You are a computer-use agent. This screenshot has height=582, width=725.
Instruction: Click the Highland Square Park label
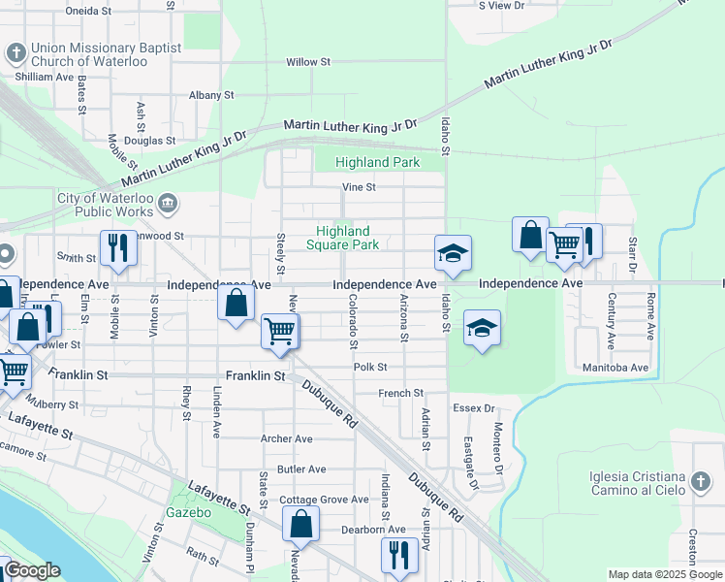342,238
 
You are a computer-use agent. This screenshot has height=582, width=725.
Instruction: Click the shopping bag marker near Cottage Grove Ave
300,524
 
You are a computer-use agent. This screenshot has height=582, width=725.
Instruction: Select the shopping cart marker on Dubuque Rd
280,330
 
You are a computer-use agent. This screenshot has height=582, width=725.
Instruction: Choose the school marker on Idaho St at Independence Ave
453,253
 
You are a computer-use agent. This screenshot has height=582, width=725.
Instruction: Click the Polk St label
370,368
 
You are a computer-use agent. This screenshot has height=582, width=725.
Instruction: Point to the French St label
400,393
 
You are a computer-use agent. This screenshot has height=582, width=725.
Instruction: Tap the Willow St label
308,62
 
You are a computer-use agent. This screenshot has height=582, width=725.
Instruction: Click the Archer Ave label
286,438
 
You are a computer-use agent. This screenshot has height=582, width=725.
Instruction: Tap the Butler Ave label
301,469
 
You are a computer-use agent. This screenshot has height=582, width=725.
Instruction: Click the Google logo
33,571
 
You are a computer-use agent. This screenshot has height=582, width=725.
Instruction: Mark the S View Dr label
502,5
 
